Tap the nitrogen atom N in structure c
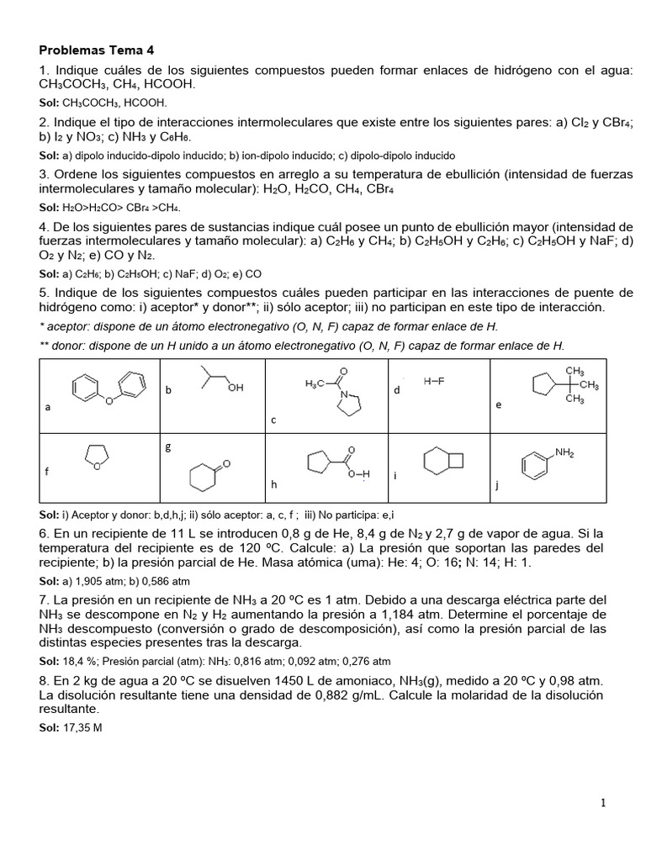(344, 393)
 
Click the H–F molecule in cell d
(434, 381)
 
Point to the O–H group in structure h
(359, 474)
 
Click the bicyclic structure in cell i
(442, 462)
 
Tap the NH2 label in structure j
(564, 453)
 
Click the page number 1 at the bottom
(603, 803)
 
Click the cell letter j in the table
(497, 485)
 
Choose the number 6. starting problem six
(45, 535)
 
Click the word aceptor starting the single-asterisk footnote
(67, 326)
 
